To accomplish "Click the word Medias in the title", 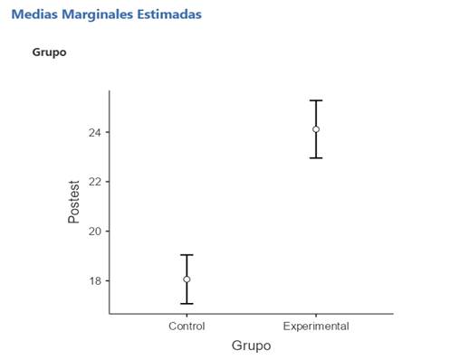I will coord(34,15).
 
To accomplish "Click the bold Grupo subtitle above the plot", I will coord(49,52).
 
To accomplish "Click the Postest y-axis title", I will coord(75,201).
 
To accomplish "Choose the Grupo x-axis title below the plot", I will coord(251,346).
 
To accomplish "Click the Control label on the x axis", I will coord(187,326).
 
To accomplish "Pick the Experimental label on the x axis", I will coord(316,326).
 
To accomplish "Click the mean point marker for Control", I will coord(187,279).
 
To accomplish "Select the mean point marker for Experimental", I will coord(316,129).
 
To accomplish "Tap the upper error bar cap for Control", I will coord(187,255).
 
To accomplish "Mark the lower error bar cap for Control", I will coord(187,303).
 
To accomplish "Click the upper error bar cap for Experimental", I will coord(316,100).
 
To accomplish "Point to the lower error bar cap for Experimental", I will coord(316,158).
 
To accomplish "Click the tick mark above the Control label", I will coord(187,316).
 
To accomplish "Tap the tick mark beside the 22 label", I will coord(107,182).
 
